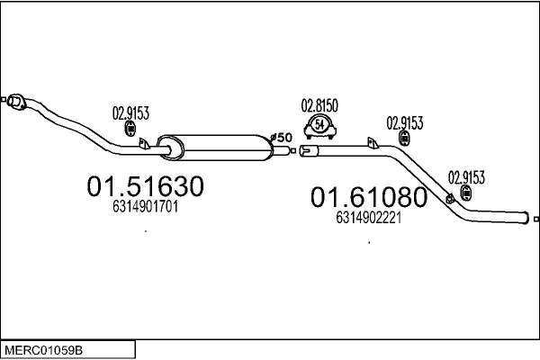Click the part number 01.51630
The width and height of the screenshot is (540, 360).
(x=145, y=186)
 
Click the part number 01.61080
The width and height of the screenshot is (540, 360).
(x=367, y=196)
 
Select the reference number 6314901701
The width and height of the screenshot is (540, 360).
(x=145, y=206)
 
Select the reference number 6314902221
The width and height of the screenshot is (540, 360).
(x=368, y=217)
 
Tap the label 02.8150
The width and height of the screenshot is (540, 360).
(x=319, y=105)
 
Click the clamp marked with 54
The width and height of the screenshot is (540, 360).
(x=319, y=127)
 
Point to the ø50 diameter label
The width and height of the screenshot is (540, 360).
(x=281, y=137)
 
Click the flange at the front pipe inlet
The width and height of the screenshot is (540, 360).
(x=13, y=101)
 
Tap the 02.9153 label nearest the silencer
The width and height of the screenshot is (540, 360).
(x=130, y=113)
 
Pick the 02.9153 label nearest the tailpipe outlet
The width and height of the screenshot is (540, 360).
(x=466, y=176)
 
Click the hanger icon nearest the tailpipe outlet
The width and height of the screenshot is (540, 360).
(x=466, y=193)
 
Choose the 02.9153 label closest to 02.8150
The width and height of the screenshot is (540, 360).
(x=405, y=122)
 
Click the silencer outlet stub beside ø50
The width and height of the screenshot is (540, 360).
(x=280, y=149)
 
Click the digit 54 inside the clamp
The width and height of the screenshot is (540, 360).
(x=319, y=125)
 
